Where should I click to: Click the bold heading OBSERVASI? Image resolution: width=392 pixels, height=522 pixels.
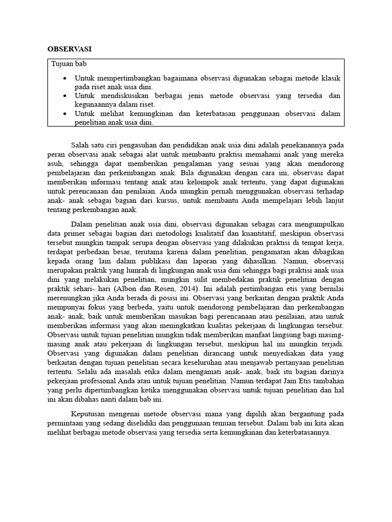coord(70,49)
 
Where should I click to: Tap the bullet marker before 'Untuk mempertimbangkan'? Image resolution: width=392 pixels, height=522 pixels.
coord(64,79)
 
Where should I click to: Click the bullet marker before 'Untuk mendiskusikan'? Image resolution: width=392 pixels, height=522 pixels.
coord(64,96)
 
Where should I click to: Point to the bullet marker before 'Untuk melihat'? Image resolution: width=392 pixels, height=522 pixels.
coord(64,113)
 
